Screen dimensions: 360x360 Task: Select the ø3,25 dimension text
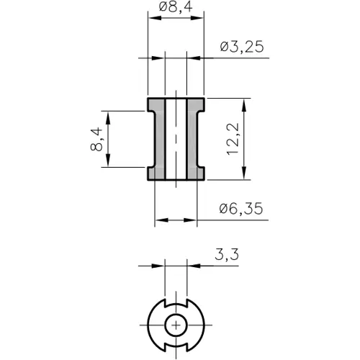coord(241,47)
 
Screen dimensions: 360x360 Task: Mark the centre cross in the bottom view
coord(176,325)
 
